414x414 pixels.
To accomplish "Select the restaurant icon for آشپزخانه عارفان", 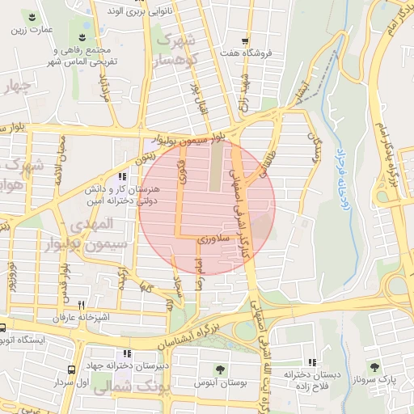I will (x=81, y=305).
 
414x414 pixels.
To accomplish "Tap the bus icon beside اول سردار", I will (x=73, y=370).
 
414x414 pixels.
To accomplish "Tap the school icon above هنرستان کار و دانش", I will (x=122, y=176).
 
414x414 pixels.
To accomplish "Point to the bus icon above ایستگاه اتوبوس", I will (x=3, y=328).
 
